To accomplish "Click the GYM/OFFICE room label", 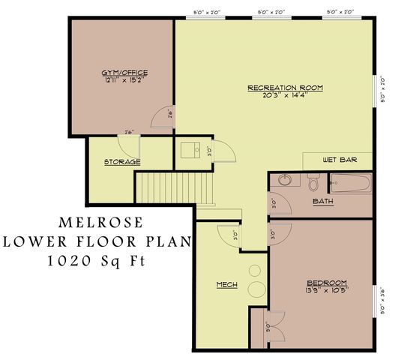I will (x=124, y=73).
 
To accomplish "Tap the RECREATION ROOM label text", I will (x=285, y=88).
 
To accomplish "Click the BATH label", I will (x=323, y=201).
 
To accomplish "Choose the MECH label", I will (x=227, y=285).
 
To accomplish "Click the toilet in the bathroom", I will (x=313, y=182).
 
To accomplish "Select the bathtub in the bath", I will (x=351, y=183).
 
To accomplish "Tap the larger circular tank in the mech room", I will (x=257, y=292).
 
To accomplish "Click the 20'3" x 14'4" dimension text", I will (x=285, y=95).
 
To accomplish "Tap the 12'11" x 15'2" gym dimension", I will (x=124, y=80).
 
